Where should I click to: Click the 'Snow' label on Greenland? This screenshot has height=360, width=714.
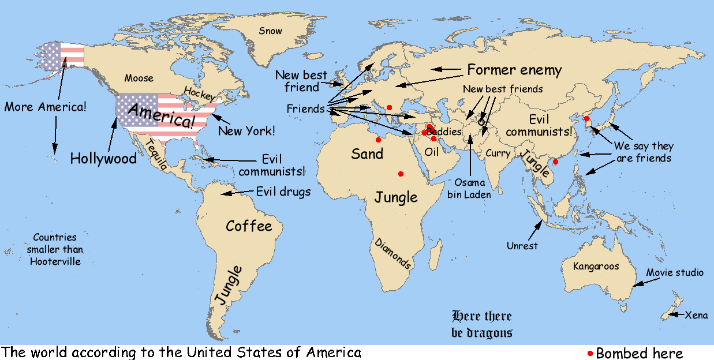[x=271, y=31]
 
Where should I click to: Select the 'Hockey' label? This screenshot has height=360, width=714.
[x=199, y=93]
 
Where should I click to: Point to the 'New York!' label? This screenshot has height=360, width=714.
[x=246, y=131]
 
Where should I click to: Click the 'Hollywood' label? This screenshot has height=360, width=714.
[x=103, y=159]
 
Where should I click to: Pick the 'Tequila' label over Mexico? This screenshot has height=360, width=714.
[x=156, y=155]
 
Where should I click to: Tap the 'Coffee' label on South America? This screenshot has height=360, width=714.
[x=249, y=226]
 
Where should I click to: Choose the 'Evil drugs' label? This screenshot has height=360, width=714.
[x=283, y=192]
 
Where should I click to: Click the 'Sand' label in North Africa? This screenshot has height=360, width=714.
[x=367, y=153]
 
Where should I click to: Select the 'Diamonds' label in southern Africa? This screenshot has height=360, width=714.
[x=393, y=253]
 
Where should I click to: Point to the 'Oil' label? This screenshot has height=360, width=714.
[x=432, y=152]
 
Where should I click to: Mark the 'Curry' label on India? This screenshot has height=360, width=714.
[x=498, y=153]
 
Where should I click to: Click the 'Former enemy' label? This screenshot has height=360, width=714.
[x=514, y=70]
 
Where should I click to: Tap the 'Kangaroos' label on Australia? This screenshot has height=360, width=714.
[x=596, y=266]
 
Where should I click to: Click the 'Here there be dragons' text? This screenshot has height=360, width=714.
[x=481, y=324]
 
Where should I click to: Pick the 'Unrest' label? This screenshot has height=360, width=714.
[x=522, y=246]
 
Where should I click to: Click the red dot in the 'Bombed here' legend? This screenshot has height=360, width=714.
[x=590, y=353]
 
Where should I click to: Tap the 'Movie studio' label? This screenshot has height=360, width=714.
[x=675, y=272]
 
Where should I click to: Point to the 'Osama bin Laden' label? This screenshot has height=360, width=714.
[x=469, y=188]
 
